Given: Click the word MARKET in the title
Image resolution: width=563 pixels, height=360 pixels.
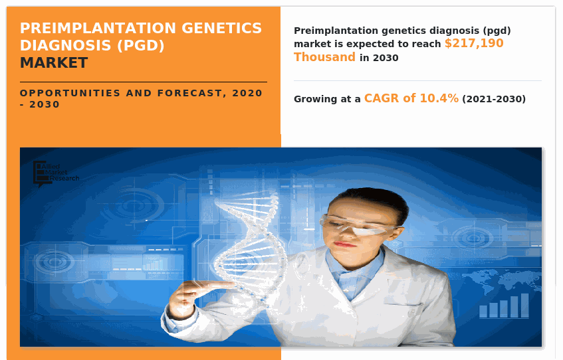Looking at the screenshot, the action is click(x=54, y=63).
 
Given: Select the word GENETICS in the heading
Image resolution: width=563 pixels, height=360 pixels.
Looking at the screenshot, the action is click(x=222, y=28).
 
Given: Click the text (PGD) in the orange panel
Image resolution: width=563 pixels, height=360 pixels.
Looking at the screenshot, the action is click(x=141, y=46).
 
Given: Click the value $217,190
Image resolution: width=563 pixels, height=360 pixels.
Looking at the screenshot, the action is click(x=474, y=43).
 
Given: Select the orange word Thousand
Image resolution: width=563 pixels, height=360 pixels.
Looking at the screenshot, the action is click(x=324, y=57).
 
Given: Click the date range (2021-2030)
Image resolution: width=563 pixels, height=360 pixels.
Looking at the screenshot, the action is click(x=494, y=99).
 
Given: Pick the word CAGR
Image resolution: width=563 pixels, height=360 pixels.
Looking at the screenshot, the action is click(x=382, y=98).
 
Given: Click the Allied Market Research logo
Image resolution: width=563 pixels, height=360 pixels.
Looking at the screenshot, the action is click(x=56, y=173).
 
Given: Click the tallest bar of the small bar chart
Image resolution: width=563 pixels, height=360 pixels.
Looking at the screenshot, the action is click(x=524, y=306).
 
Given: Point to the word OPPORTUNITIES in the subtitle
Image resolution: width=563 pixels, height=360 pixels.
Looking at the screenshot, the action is click(x=70, y=93).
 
